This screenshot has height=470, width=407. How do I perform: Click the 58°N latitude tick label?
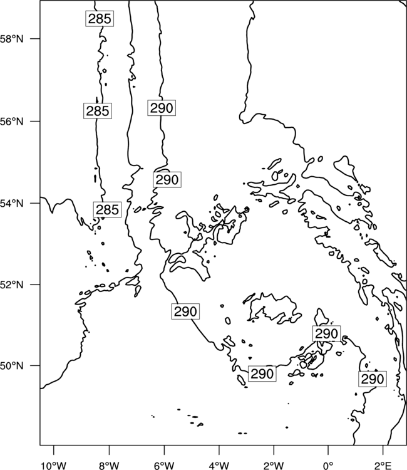click(12, 39)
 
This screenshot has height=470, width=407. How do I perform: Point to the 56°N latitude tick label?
click(12, 122)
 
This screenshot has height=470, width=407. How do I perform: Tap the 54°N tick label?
click(12, 204)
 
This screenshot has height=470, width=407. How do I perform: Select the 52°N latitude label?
click(12, 285)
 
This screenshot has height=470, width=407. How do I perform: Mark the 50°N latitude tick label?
click(12, 366)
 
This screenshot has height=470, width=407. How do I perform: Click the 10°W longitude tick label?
click(54, 466)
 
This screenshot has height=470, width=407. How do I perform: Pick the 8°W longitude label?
click(109, 466)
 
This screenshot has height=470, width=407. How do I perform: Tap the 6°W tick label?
click(164, 466)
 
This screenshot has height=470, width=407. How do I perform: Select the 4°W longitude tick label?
click(219, 466)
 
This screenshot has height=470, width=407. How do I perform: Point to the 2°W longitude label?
click(274, 466)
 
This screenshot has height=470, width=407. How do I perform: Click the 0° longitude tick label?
click(328, 466)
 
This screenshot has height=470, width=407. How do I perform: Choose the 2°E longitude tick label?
click(383, 466)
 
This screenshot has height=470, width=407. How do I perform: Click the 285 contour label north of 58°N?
click(100, 19)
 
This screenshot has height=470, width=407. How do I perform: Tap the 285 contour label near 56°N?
click(98, 111)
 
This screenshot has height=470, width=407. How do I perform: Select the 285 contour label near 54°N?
click(107, 209)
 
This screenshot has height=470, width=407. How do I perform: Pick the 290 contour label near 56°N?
click(162, 108)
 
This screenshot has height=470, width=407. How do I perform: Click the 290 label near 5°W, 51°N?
click(185, 311)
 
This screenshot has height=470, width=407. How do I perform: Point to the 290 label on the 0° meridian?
click(326, 333)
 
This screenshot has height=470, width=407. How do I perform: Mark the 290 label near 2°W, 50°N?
click(262, 373)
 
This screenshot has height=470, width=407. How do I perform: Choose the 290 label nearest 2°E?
click(373, 379)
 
